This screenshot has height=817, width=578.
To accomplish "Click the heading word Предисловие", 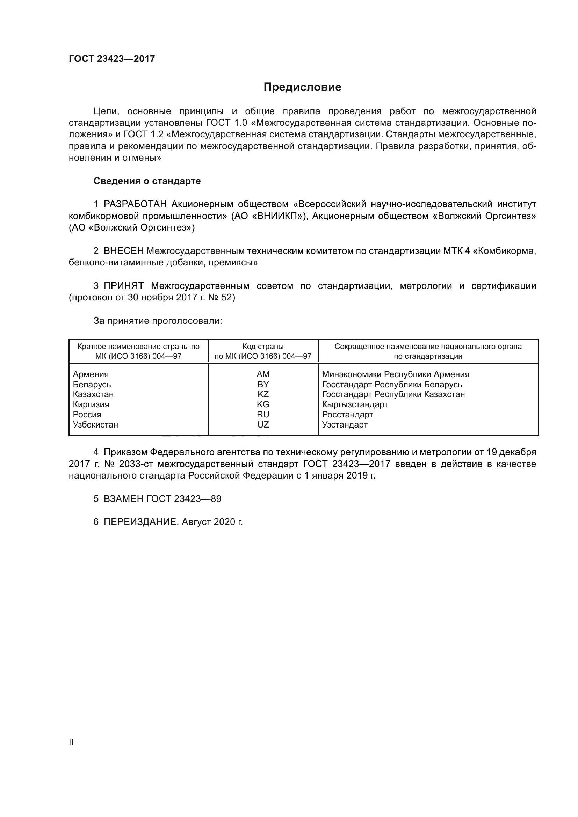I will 302,87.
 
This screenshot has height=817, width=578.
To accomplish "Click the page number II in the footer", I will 71,742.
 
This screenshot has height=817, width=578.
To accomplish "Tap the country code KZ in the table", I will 263,394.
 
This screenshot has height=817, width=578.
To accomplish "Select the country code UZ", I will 263,424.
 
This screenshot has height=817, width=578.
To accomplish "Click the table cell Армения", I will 91,374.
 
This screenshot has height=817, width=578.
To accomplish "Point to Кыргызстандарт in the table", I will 355,404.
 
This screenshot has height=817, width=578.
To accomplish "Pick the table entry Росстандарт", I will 347,415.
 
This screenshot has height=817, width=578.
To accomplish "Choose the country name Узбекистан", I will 95,424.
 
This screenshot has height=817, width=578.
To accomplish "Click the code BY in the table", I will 263,384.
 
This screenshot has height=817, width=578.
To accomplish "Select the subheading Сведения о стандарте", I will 147,181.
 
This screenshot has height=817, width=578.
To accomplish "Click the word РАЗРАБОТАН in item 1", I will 135,204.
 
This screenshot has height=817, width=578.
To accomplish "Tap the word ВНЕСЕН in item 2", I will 123,251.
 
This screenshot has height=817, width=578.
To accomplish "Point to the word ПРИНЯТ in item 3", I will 123,286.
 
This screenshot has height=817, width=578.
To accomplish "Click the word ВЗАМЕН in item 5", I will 123,499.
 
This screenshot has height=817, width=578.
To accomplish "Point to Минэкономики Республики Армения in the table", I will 396,374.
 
